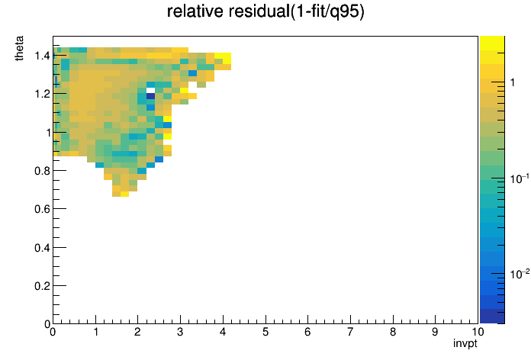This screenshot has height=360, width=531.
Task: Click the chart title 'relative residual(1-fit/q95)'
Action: tap(265, 11)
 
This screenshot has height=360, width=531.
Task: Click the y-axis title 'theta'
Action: tap(19, 48)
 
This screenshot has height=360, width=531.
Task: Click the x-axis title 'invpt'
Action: tap(465, 343)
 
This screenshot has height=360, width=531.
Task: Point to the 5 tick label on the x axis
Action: tap(265, 332)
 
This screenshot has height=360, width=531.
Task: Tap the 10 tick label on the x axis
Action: tap(478, 332)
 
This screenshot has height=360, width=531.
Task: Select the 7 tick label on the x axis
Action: tap(350, 332)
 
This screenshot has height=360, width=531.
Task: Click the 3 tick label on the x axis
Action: tap(180, 332)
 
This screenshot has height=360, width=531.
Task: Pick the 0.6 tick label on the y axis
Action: tap(42, 209)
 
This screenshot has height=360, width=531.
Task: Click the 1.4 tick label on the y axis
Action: tap(42, 56)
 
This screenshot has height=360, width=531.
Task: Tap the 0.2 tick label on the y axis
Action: tap(42, 286)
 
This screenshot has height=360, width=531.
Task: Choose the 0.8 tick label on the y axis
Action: tap(42, 171)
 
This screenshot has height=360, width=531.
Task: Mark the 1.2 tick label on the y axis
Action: tap(42, 94)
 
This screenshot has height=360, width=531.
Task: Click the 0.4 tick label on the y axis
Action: tap(42, 248)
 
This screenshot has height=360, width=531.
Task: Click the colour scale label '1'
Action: tap(513, 82)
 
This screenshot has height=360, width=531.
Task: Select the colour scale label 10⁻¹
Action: tap(519, 178)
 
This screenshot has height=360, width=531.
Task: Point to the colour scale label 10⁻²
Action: tap(519, 273)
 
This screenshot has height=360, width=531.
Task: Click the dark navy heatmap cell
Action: tap(151, 96)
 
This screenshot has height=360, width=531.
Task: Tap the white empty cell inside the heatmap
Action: tap(151, 91)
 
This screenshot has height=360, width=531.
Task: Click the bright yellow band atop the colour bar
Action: tap(492, 43)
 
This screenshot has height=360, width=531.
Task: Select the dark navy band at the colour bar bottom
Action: tap(492, 317)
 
